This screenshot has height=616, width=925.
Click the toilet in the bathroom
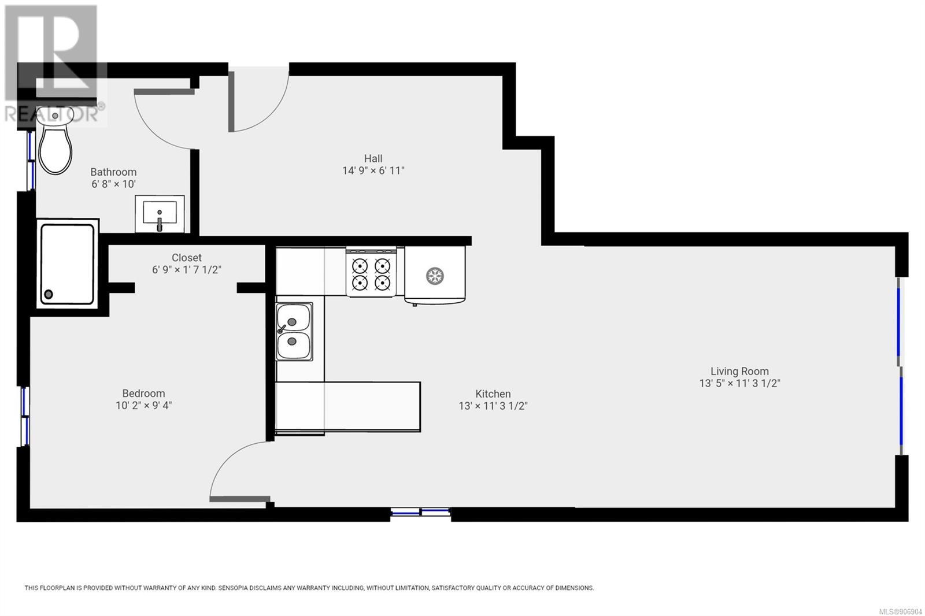coord(55,140)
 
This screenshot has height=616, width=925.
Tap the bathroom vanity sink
coord(160,214)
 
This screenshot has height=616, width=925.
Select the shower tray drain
coord(49,294)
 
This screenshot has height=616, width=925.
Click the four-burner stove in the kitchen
coord(371,272)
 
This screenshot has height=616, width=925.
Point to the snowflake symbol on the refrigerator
coord(435,276)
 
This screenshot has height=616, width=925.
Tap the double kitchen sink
coord(294,332)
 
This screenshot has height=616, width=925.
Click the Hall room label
coord(373,158)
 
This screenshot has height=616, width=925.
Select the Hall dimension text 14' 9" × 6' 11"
coord(373,170)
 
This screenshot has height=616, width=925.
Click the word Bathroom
coord(113,172)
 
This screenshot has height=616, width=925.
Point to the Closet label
coord(187,258)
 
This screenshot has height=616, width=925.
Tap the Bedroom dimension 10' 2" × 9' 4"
coord(144,406)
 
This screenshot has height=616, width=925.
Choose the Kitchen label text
coord(493,394)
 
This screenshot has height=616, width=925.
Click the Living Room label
coord(739,371)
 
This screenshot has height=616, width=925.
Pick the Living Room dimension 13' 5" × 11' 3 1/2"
coord(739,383)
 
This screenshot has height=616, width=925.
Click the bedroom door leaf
coord(239,499)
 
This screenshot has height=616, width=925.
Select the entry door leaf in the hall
coord(231,102)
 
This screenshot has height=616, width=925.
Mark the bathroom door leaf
coord(164,92)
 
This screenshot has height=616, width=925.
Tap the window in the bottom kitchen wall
coord(420,513)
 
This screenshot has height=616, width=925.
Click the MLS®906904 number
coord(900,611)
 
